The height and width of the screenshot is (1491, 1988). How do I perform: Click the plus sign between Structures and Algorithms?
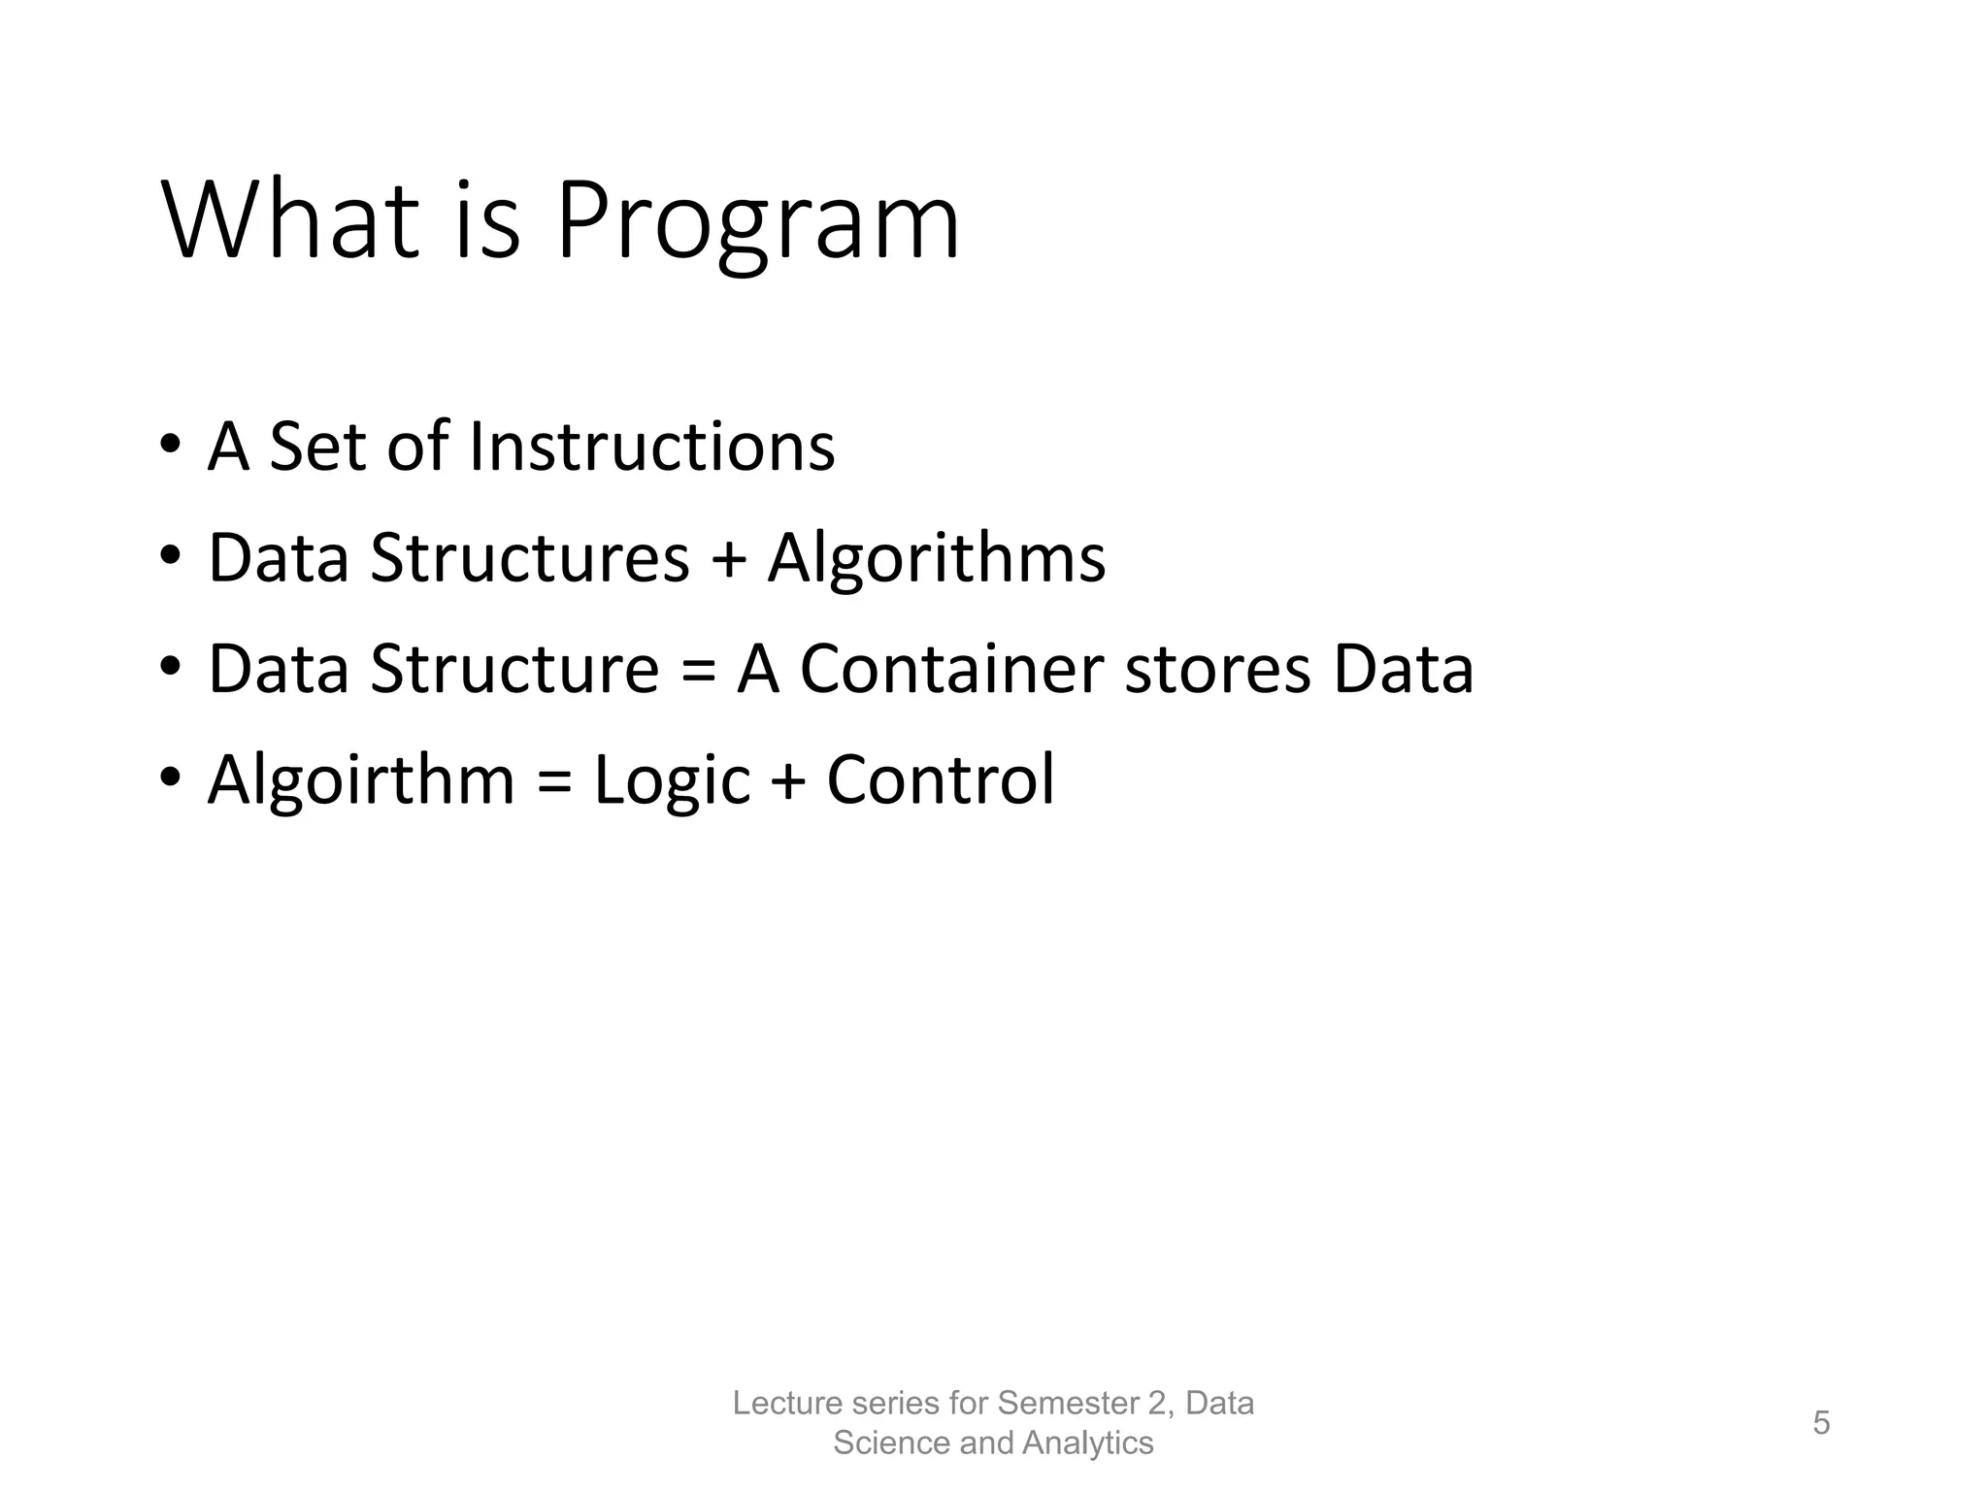coord(728,561)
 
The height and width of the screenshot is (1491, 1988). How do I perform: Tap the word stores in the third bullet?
coord(1217,671)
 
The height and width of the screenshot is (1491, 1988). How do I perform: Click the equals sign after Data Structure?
coord(698,671)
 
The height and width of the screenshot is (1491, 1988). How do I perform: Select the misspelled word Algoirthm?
coord(361,781)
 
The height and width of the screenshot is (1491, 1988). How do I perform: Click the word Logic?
coord(672,781)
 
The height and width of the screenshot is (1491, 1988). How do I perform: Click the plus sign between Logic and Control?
coord(788,781)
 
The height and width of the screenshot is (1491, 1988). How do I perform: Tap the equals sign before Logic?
coord(553,781)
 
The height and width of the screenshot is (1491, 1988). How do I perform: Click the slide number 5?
coord(1821,1423)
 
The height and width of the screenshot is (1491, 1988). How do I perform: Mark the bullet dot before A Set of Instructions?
coord(170,445)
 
